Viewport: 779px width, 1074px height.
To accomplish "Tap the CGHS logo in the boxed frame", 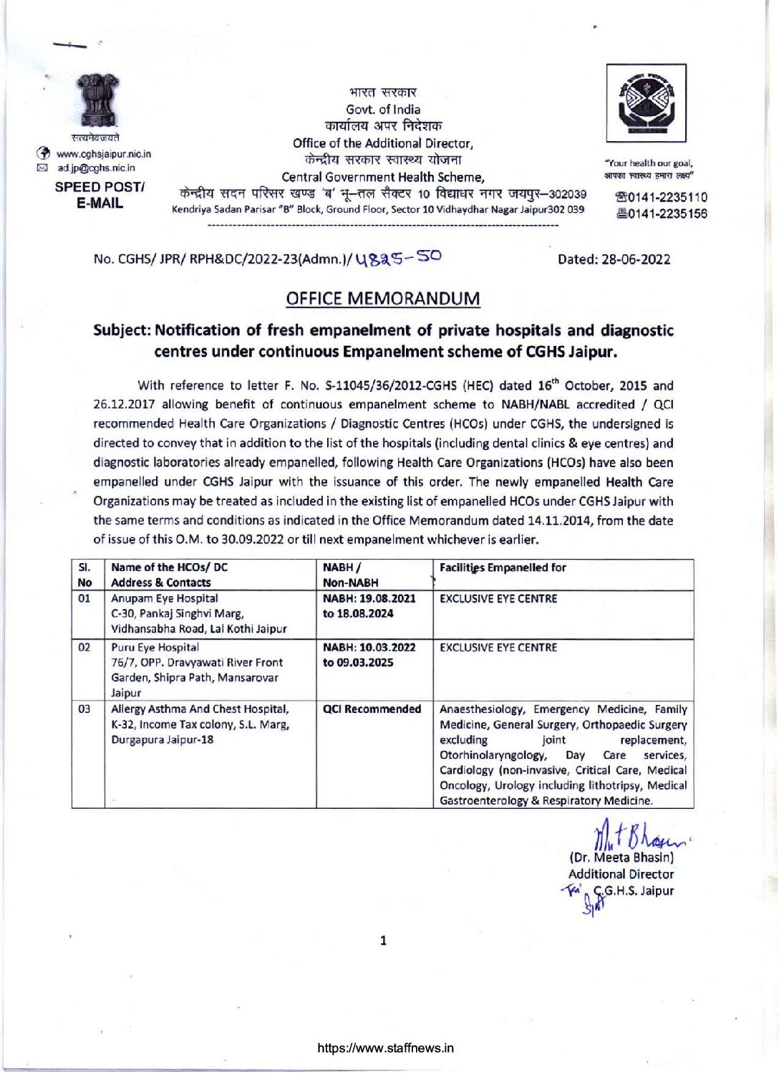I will click(x=646, y=102).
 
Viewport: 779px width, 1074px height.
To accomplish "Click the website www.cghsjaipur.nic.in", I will click(x=104, y=154).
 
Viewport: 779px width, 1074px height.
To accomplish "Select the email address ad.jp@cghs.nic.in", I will click(x=96, y=168).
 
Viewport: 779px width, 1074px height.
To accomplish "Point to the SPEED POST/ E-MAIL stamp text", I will click(x=100, y=195).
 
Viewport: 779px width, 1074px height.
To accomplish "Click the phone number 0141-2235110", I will click(x=661, y=197).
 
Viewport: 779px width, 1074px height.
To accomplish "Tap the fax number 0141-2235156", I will click(x=661, y=214).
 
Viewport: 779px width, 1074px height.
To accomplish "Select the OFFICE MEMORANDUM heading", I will click(x=383, y=299).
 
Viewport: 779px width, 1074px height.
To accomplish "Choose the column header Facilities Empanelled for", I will click(x=503, y=567).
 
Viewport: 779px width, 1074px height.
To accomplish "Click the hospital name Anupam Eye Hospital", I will click(x=165, y=598).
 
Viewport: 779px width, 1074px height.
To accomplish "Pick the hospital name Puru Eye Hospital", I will click(x=155, y=647).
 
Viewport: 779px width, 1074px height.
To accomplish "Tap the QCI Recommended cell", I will click(x=372, y=709).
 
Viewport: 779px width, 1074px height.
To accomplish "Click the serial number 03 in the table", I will click(x=84, y=709).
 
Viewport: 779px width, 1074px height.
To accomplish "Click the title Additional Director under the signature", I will click(x=621, y=874).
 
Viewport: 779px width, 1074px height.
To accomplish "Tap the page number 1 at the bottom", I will click(x=383, y=940).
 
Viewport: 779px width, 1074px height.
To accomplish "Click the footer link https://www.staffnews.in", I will click(x=385, y=1048).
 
